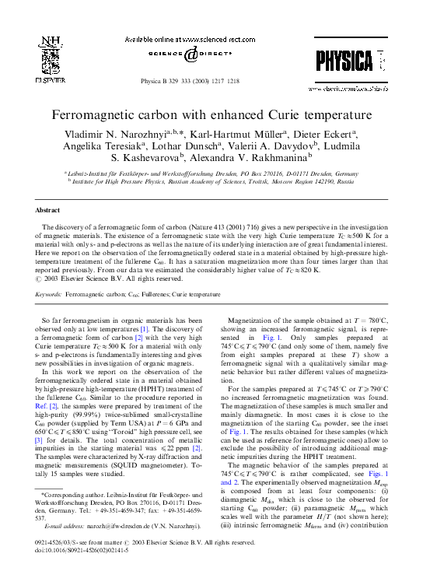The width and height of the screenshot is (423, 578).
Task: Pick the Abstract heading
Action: (49, 211)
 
